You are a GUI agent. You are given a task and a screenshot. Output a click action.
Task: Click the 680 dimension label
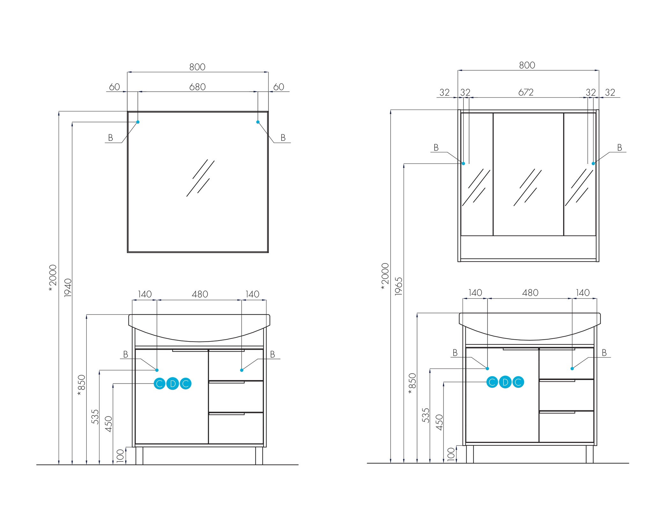(197, 87)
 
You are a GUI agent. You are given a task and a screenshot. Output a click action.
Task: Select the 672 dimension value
(526, 92)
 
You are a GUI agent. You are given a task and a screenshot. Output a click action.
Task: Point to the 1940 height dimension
(68, 288)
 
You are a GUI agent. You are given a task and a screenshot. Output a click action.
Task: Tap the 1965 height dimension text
(399, 286)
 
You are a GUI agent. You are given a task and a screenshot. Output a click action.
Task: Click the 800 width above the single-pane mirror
(197, 67)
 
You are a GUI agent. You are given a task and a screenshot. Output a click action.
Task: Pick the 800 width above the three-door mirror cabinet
(527, 65)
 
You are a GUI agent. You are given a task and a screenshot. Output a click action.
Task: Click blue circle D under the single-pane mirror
(172, 384)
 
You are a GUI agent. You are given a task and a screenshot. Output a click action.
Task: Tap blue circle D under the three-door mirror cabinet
(505, 382)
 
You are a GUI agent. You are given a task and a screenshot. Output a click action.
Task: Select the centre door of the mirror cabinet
(528, 174)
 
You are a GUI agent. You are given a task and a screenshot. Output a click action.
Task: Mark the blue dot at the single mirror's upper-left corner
(138, 122)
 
